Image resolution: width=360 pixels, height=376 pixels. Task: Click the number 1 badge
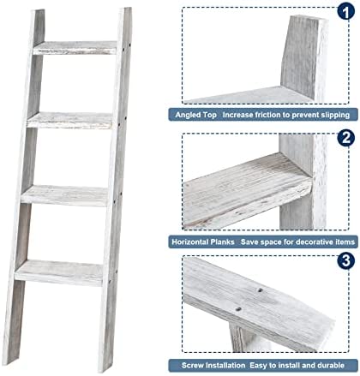(x=346, y=11)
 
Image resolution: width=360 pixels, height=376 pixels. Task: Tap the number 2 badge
(x=346, y=138)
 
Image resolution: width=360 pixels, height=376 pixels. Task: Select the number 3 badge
(x=346, y=260)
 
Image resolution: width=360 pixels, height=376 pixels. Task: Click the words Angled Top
(x=195, y=115)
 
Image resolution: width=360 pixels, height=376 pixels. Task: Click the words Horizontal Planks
(x=203, y=242)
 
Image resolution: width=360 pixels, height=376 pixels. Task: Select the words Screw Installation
(x=213, y=366)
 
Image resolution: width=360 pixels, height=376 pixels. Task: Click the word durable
(x=331, y=366)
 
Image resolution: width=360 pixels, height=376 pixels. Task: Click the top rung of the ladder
(x=75, y=48)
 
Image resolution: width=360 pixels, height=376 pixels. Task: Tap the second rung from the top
(x=70, y=121)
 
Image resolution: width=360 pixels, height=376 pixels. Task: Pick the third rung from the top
(x=64, y=195)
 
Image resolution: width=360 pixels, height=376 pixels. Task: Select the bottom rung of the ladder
(x=59, y=272)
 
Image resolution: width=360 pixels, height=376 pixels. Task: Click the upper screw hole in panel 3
(x=260, y=290)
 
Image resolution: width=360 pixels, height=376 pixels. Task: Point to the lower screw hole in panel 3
(x=238, y=309)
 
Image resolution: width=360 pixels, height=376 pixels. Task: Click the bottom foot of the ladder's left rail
(x=8, y=361)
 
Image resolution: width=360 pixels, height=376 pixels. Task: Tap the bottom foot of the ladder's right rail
(x=104, y=369)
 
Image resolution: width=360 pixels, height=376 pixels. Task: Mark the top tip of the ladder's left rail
(x=38, y=10)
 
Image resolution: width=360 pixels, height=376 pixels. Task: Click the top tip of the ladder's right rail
(x=125, y=9)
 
